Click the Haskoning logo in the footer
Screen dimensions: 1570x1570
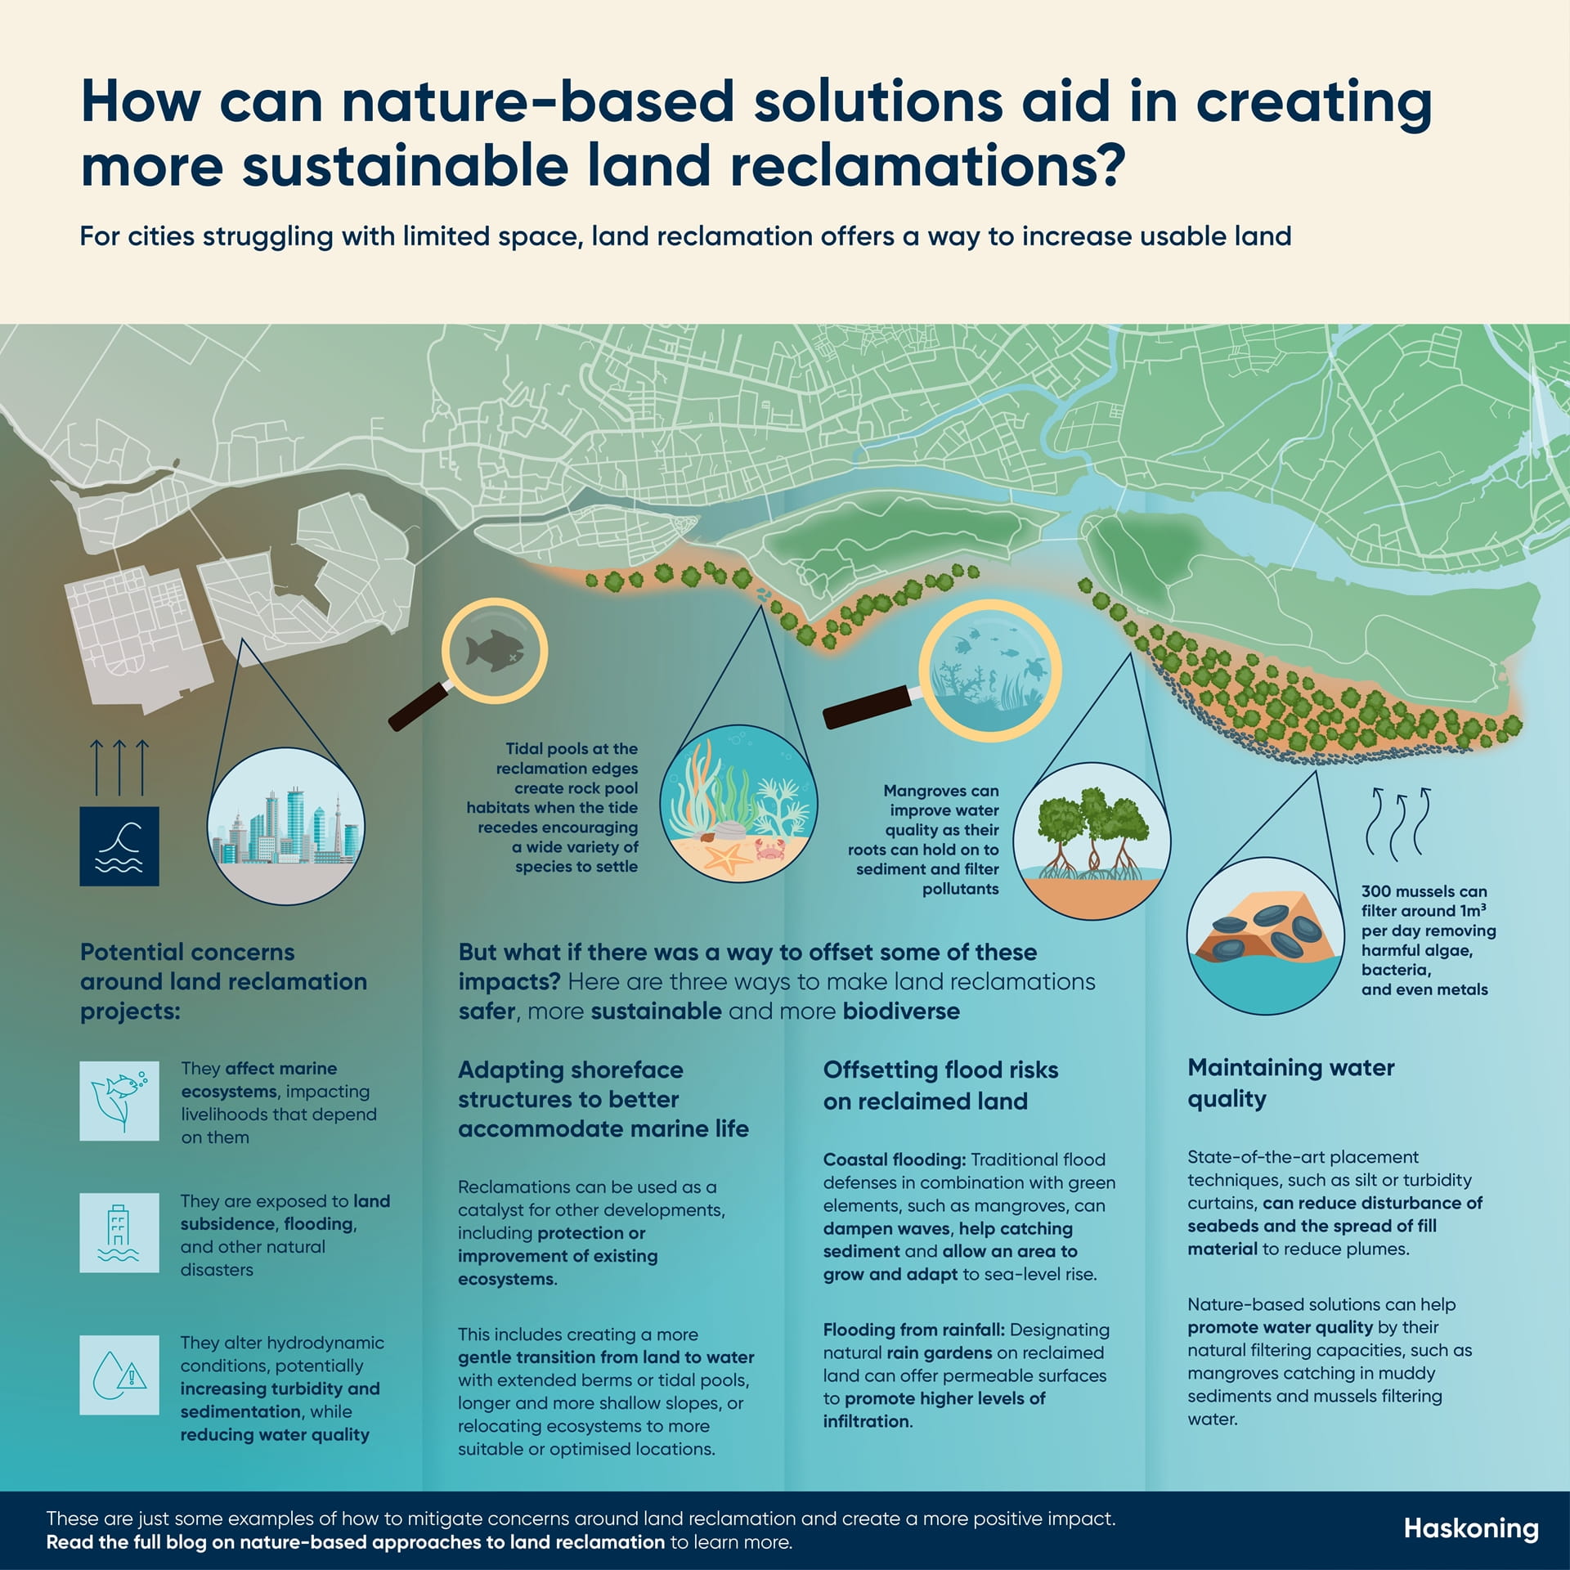1470,1528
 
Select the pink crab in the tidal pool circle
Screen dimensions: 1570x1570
771,848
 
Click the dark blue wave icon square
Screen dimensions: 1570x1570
119,846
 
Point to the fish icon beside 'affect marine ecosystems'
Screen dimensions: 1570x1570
119,1101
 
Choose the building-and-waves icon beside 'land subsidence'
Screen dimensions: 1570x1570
119,1232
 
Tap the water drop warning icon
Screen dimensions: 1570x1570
119,1375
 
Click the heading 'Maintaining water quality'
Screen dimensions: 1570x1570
1290,1083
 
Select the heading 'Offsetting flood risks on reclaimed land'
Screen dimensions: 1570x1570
940,1085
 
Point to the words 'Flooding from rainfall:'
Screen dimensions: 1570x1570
913,1330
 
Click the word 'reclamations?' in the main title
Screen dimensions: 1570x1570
927,166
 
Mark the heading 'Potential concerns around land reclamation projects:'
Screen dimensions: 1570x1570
223,981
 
